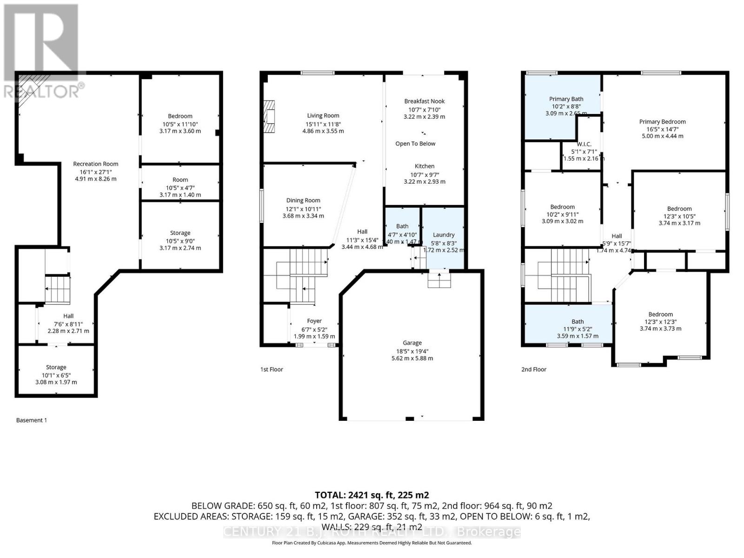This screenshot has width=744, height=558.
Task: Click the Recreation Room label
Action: pos(95,164)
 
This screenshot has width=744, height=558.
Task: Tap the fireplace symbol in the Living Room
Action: pos(269,117)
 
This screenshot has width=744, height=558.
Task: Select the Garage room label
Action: pos(412,343)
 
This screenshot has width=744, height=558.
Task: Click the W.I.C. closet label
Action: pos(584,144)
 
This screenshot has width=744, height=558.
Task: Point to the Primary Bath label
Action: pos(566,99)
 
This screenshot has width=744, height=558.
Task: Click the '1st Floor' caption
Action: pos(272,369)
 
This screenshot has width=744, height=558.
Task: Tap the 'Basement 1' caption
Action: pos(32,420)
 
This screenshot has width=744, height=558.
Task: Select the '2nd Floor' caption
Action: pos(533,369)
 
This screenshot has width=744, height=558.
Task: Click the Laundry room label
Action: pos(443,235)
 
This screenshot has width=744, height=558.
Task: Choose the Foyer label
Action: pos(314,321)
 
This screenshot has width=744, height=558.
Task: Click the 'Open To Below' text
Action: pos(415,144)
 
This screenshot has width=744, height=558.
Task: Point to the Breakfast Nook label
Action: pos(424,101)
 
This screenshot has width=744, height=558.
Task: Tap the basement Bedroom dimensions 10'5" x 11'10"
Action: pos(180,124)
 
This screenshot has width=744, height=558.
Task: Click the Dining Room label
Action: pos(303,200)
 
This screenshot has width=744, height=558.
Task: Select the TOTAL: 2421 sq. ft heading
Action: pos(372,495)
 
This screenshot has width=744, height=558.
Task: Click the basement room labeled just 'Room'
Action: pos(180,179)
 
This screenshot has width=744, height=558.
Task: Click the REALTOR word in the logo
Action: pos(42,91)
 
